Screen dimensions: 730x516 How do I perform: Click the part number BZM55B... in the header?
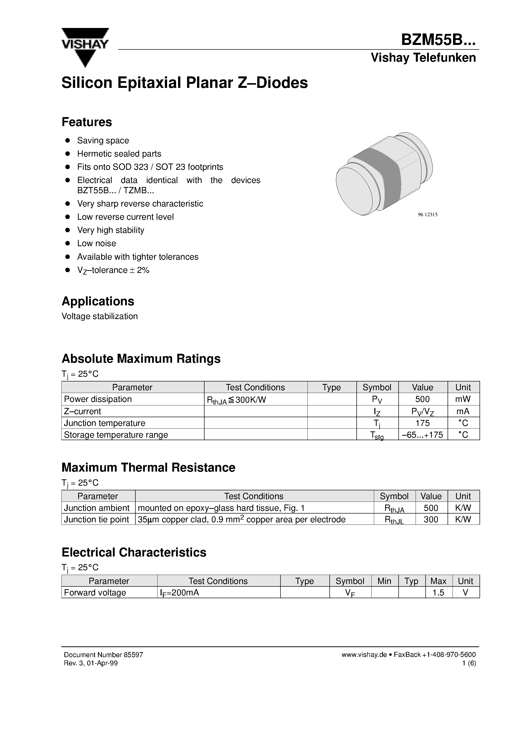point(438,40)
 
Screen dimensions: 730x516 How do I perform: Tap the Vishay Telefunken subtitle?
point(423,58)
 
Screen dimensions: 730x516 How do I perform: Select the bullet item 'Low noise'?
point(96,243)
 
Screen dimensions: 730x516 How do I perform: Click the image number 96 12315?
point(428,215)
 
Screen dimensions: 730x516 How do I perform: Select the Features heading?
point(86,122)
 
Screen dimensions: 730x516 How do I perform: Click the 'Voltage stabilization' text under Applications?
point(100,316)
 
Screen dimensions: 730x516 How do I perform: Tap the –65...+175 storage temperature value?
point(423,435)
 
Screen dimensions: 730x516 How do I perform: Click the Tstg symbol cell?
point(377,435)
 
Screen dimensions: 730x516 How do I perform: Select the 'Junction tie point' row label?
point(96,519)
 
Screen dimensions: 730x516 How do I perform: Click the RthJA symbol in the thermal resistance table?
point(394,508)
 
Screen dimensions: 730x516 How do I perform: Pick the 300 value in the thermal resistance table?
point(431,519)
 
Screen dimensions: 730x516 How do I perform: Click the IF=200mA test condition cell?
point(179,593)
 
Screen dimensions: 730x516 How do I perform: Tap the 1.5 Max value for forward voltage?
point(438,593)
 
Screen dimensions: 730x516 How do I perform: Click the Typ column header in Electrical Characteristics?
point(411,581)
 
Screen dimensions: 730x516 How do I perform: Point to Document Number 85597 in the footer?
point(103,655)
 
